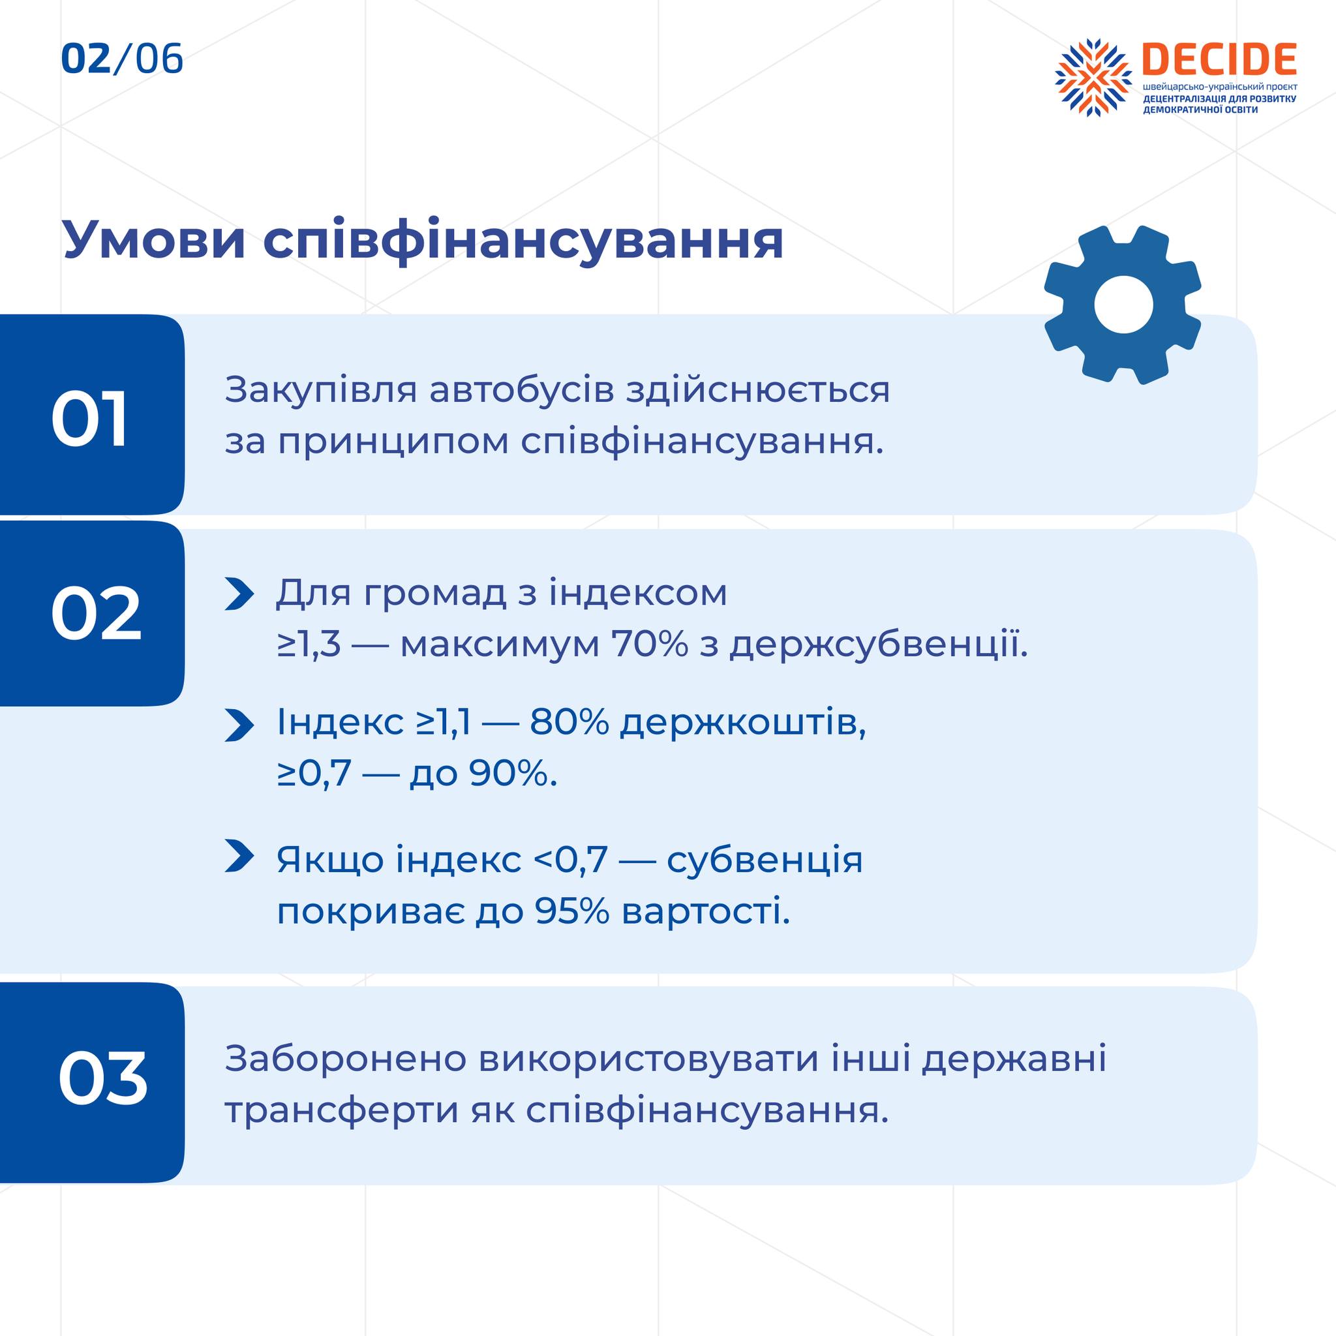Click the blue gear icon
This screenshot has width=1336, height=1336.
1123,304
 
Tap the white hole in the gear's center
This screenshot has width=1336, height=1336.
1124,305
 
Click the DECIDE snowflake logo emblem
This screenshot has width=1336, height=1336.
1093,77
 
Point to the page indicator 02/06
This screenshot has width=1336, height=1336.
123,59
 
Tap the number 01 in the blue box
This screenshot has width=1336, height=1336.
90,421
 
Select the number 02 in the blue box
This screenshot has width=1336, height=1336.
96,613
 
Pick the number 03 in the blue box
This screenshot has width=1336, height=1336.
102,1078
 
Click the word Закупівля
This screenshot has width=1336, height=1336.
321,391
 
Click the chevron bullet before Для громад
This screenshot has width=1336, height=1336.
239,595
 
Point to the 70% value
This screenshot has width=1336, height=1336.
649,645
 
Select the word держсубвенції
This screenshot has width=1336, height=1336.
878,645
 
